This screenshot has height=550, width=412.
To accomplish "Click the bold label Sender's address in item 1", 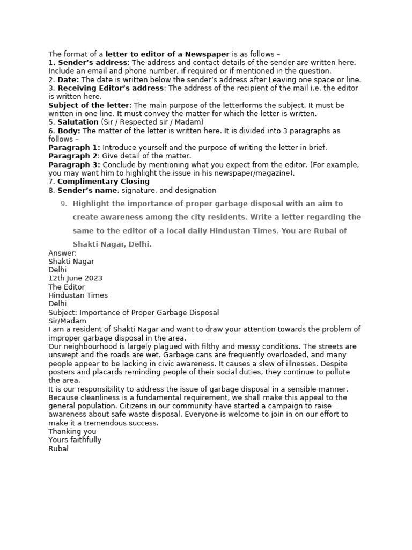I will tap(92, 63).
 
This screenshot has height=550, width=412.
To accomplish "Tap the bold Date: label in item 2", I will tap(68, 79).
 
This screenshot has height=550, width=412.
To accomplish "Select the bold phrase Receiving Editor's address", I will tap(111, 88).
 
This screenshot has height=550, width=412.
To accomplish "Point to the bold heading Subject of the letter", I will tap(89, 105).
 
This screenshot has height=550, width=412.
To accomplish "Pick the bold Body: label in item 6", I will tap(69, 131).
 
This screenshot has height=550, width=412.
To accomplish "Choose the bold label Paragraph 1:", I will tap(74, 148).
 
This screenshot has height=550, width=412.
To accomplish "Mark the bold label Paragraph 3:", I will tap(74, 164).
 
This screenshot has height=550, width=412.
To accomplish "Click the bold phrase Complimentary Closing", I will tap(104, 182).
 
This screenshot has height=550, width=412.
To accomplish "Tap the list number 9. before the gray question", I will tap(64, 204).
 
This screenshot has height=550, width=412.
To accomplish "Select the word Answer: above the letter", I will tap(62, 253).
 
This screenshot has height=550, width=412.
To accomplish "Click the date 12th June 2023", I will tap(75, 278).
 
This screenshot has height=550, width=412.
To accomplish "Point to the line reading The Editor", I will tap(66, 287).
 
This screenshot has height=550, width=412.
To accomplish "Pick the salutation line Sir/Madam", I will tap(67, 321).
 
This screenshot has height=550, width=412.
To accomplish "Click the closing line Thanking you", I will tap(72, 431).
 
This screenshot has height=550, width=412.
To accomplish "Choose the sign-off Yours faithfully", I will tap(75, 440).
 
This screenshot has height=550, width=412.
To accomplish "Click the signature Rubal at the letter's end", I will tap(58, 448).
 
